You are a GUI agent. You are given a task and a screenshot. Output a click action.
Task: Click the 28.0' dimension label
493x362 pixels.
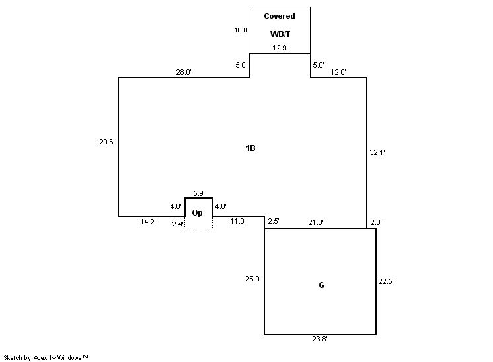(x=184, y=72)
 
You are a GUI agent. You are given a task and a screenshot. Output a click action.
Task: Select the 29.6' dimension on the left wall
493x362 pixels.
(x=107, y=142)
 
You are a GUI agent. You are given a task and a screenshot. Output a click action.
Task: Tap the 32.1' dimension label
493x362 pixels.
(x=377, y=152)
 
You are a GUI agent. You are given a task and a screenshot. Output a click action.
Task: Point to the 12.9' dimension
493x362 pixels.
(x=280, y=48)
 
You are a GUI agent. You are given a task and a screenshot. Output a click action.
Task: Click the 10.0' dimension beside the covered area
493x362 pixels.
(x=241, y=30)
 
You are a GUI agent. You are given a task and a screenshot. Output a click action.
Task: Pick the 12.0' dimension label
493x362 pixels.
(x=338, y=72)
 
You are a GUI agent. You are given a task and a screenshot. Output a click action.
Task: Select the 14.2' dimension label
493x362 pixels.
(x=148, y=222)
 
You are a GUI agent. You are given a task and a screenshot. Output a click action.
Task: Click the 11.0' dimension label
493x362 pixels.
(x=238, y=221)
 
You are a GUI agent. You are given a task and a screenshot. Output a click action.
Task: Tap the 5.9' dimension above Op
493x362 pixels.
(x=199, y=193)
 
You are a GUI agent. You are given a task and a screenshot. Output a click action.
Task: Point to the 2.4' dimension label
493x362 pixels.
(x=178, y=224)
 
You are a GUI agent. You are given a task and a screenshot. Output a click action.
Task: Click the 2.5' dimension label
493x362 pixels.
(x=274, y=221)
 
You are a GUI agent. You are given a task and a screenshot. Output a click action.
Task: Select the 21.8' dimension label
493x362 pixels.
(x=316, y=222)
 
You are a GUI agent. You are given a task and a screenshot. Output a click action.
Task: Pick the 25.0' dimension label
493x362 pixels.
(x=253, y=279)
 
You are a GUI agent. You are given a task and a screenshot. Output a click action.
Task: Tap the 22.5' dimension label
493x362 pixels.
(x=386, y=281)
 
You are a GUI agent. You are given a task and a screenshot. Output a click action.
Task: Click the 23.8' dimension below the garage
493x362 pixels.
(x=320, y=339)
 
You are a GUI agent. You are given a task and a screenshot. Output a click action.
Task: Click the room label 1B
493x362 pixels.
(x=250, y=148)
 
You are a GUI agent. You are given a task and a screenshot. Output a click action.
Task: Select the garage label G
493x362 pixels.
(x=321, y=285)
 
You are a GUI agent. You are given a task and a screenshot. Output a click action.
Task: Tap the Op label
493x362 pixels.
(x=197, y=213)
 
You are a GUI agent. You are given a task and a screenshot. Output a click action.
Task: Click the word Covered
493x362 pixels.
(x=280, y=16)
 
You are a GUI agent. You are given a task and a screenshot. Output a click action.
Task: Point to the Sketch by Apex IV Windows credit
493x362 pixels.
(x=46, y=357)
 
